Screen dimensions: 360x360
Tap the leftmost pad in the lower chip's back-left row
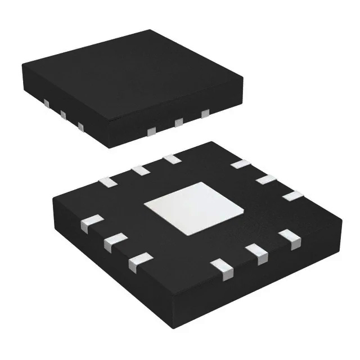[106, 181]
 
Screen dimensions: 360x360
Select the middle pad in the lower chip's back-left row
[139, 169]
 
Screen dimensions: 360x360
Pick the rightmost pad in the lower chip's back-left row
[172, 159]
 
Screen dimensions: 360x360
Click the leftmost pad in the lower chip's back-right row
[240, 164]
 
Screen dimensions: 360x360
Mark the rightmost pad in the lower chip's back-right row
[290, 196]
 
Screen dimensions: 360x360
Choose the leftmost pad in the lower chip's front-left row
[92, 223]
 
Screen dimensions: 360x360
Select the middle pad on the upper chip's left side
[63, 115]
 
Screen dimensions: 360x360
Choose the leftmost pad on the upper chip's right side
[151, 132]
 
